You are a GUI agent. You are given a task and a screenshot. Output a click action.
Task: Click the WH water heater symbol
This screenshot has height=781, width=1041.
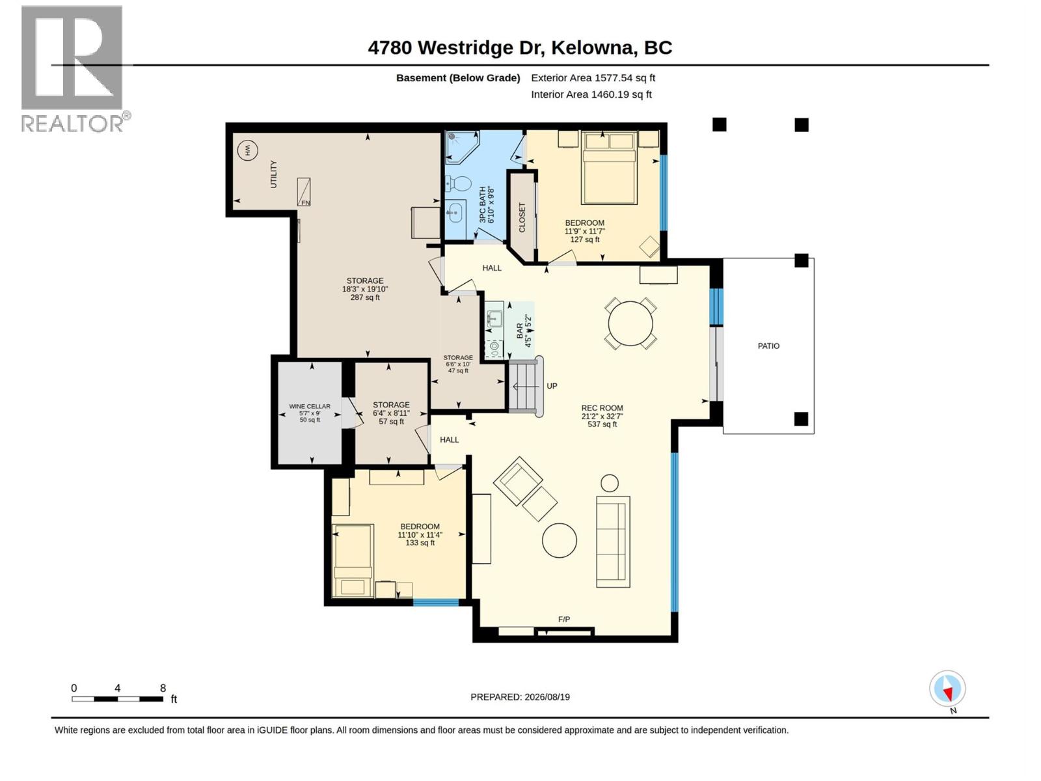point(247,151)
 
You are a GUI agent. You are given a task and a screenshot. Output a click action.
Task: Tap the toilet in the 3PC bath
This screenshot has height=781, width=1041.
point(457,183)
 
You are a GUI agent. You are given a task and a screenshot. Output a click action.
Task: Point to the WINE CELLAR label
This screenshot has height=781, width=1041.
point(310,406)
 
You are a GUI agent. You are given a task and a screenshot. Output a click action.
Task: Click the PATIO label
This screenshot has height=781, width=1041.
point(768,346)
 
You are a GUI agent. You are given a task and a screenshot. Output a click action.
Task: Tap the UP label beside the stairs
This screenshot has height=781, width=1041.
point(552,386)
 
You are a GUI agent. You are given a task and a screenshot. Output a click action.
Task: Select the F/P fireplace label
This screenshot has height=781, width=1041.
point(564,620)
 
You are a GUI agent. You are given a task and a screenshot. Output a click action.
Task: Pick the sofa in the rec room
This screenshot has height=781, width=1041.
point(614,541)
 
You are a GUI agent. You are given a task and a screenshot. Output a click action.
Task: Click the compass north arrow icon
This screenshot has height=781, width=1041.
point(947,688)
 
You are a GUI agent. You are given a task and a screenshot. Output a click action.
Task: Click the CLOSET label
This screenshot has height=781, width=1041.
point(522,217)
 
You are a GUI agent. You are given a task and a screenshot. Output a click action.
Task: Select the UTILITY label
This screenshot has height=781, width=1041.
point(273,174)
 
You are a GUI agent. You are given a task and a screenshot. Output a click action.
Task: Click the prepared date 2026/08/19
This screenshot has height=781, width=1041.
point(547,696)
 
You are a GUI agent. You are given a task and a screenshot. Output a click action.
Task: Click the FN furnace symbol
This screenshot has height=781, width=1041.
point(304,192)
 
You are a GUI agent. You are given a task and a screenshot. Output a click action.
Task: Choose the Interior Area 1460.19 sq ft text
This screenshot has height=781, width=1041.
point(591,94)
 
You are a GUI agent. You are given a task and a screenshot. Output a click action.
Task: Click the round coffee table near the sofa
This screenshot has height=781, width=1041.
point(560,540)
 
